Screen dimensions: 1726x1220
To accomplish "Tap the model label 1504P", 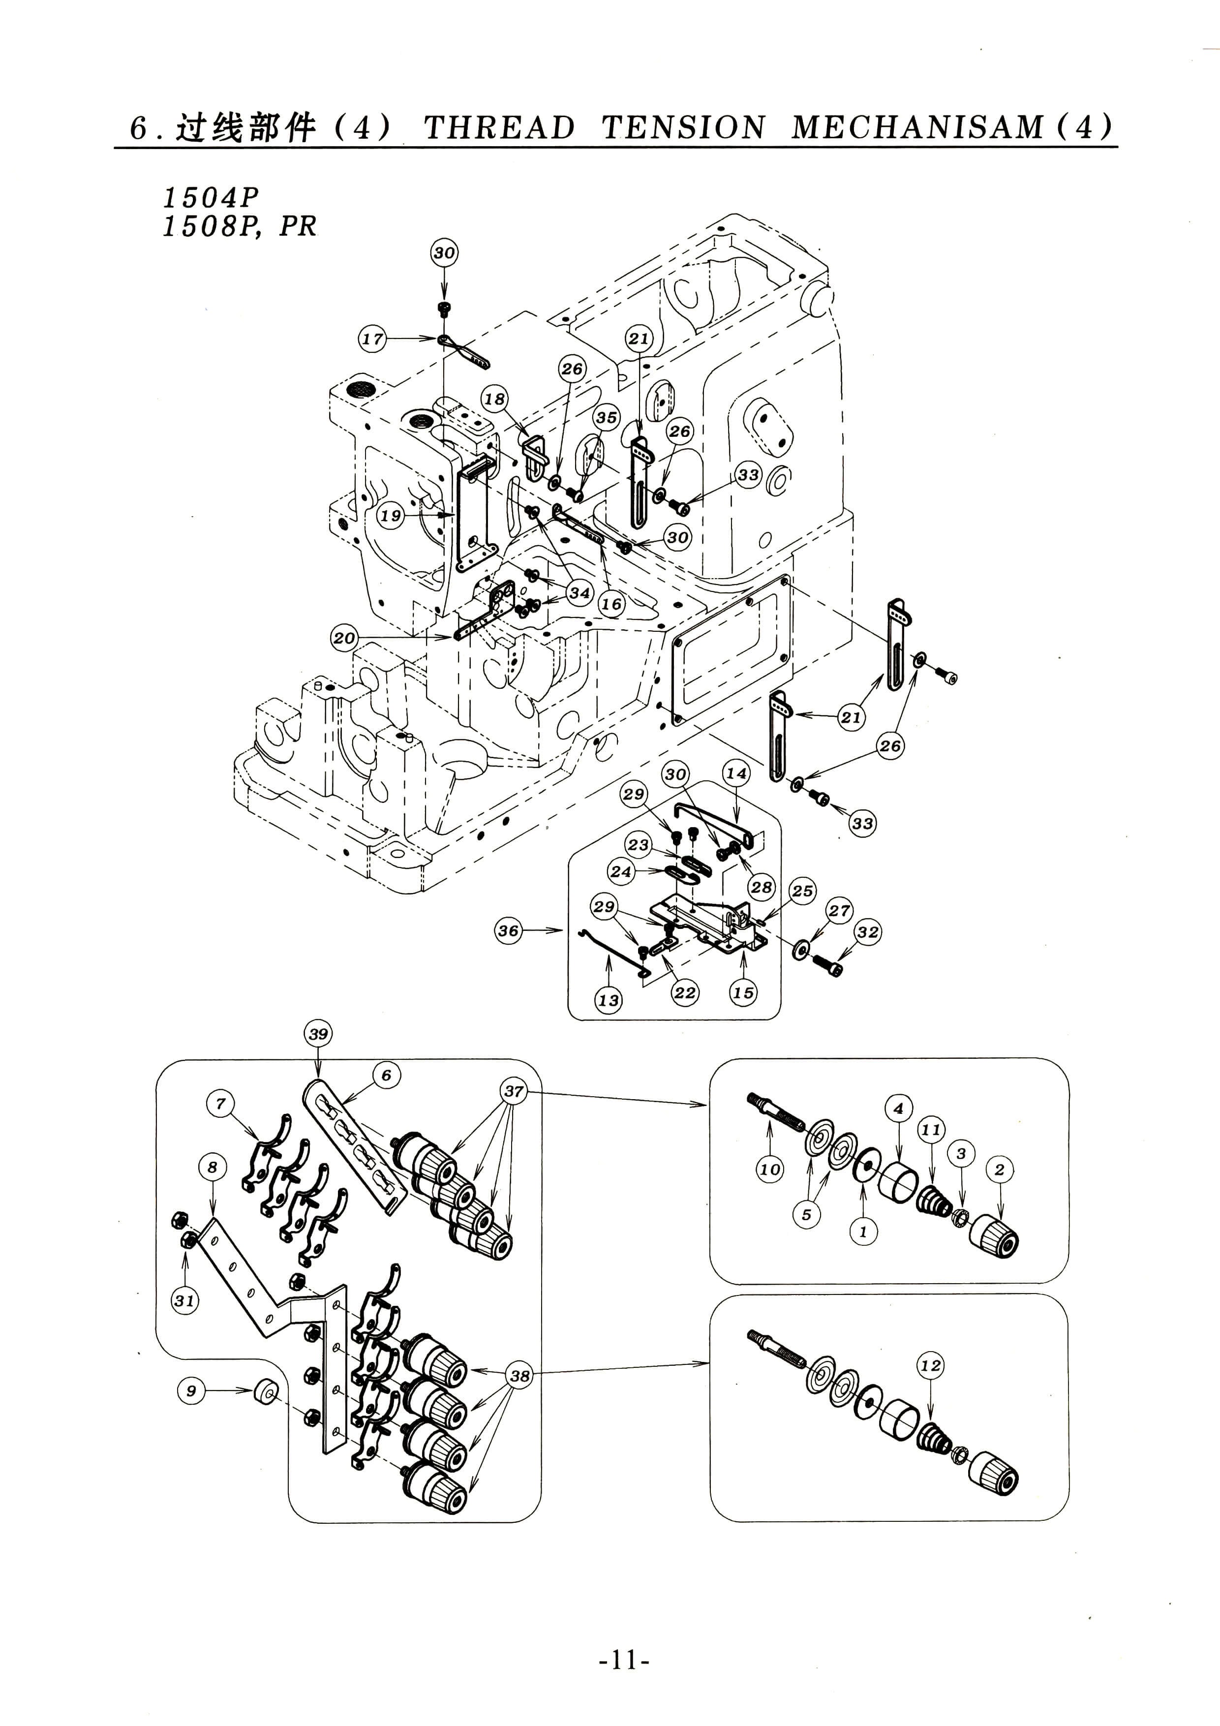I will (x=211, y=198).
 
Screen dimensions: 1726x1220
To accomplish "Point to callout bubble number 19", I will (x=390, y=516).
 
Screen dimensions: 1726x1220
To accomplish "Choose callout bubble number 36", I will (x=508, y=931).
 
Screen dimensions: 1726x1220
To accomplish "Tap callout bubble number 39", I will (x=319, y=1034).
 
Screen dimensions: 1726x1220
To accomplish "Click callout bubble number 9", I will (x=191, y=1391).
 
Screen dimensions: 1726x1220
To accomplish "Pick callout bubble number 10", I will (x=770, y=1169).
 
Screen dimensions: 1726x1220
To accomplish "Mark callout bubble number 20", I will (x=344, y=638).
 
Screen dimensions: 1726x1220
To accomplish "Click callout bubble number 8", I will (x=213, y=1167).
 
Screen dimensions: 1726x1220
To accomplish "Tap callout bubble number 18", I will (x=494, y=399).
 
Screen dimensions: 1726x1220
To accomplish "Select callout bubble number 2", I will (x=999, y=1169).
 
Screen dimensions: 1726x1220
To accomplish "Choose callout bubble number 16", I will (x=612, y=604).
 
